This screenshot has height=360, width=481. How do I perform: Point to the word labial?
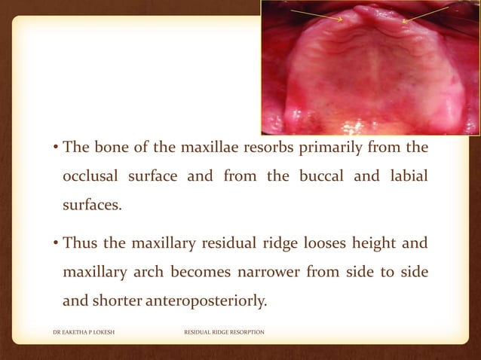point(406,175)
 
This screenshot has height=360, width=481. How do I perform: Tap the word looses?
point(305,243)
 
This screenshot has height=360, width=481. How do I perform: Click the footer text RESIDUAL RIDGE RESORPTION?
point(224,331)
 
